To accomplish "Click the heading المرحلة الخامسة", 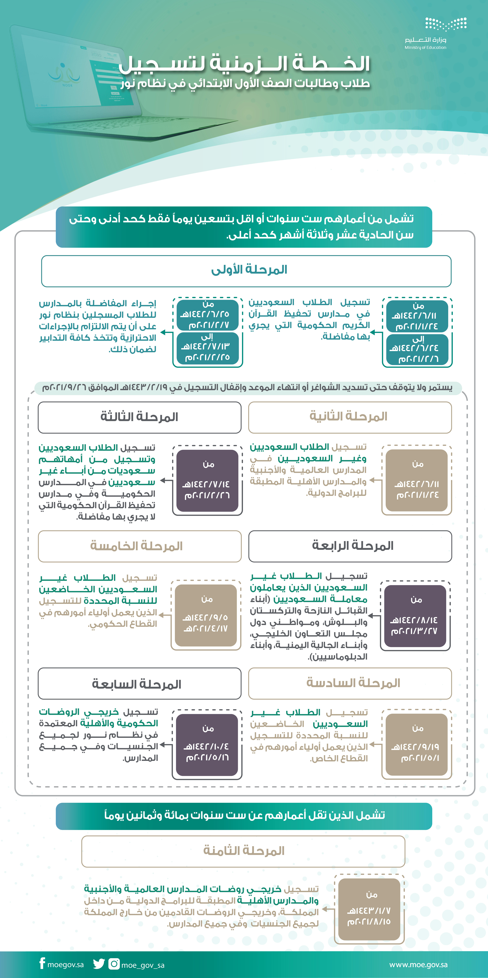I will [137, 546].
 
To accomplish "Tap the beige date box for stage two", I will [417, 480].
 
